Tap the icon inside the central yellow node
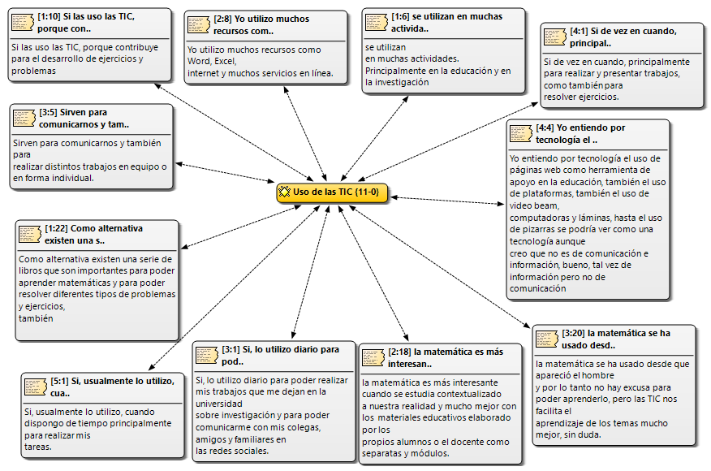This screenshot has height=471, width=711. (x=284, y=192)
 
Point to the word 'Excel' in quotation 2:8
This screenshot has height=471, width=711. (x=225, y=61)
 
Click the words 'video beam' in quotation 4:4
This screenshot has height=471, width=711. (x=533, y=205)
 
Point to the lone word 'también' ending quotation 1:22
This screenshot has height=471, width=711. (x=36, y=318)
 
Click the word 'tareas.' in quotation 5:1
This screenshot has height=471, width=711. (x=38, y=447)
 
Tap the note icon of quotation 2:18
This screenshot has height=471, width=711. (x=373, y=357)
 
